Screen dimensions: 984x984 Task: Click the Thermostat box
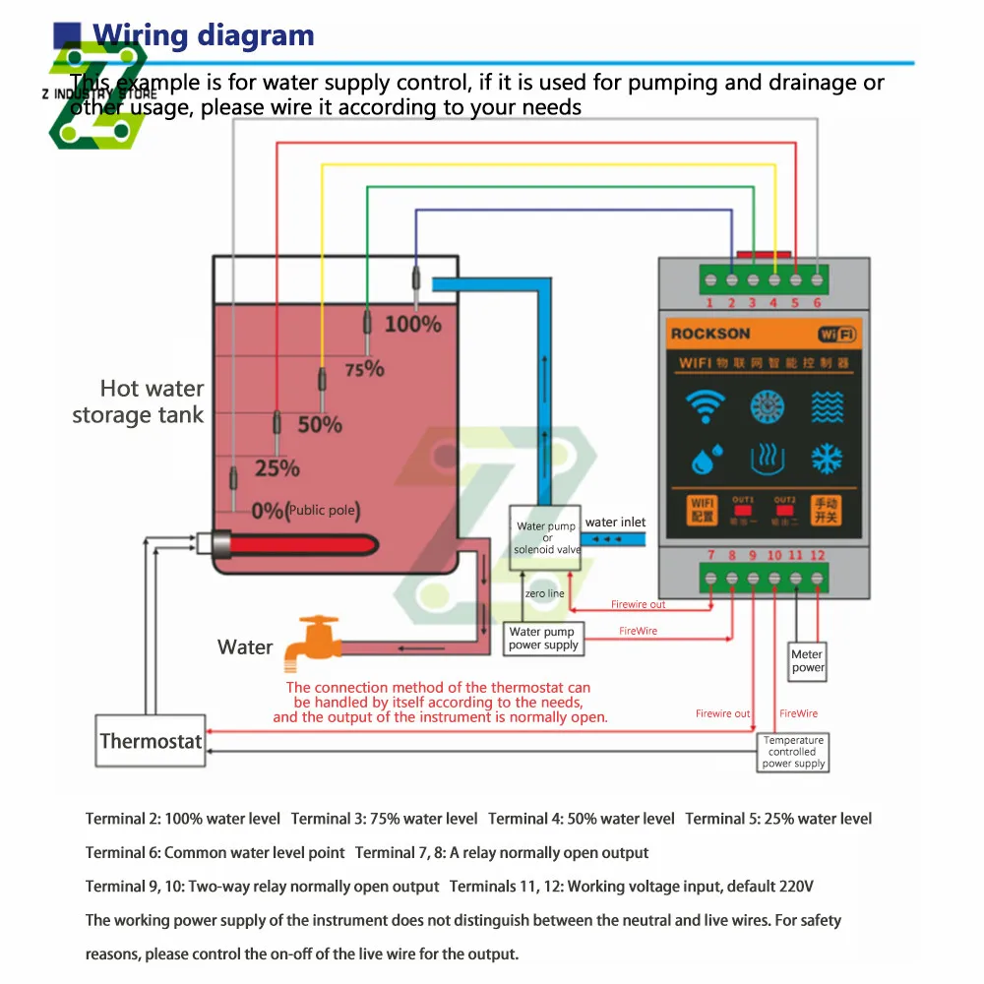[x=151, y=741]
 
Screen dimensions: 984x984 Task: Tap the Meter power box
[x=807, y=660]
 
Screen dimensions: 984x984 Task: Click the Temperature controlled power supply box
[x=794, y=752]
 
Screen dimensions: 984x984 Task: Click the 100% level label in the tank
[x=412, y=323]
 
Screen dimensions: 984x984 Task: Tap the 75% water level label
[x=364, y=369]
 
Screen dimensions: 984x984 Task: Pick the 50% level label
[x=320, y=425]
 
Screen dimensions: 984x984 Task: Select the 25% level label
[x=277, y=468]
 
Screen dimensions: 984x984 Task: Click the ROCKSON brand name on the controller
[x=710, y=334]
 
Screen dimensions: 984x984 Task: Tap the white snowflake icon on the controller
[x=827, y=459]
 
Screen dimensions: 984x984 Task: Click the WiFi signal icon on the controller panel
[x=705, y=405]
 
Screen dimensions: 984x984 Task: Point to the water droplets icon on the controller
[x=705, y=459]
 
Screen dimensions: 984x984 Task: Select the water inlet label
[x=615, y=523]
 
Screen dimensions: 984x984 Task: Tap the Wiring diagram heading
[x=204, y=36]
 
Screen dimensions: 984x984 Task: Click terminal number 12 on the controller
[x=817, y=556]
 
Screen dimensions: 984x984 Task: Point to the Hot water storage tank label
[x=139, y=401]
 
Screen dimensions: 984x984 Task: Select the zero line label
[x=544, y=594]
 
